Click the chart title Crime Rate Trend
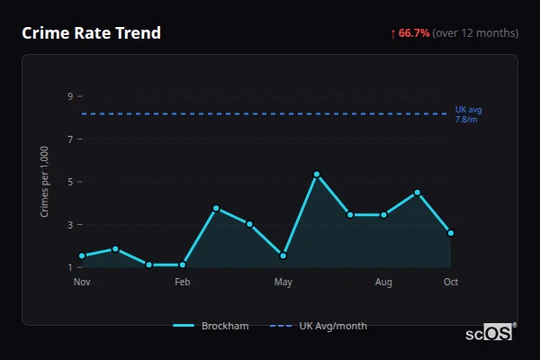(x=91, y=33)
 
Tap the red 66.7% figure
(x=414, y=33)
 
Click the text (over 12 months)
(x=475, y=33)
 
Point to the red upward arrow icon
(x=392, y=33)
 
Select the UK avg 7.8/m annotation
(x=468, y=114)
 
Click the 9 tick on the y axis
(x=69, y=96)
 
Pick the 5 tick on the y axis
(x=69, y=182)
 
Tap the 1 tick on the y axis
(x=69, y=267)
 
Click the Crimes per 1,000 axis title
(x=44, y=182)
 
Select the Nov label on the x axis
(x=82, y=283)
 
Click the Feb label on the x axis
(x=183, y=283)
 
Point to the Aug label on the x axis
(x=383, y=283)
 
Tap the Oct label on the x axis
(x=451, y=283)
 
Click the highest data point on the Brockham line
(x=317, y=174)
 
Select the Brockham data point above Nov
(x=82, y=256)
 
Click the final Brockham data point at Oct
(x=451, y=233)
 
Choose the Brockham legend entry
(x=211, y=326)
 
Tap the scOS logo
(x=490, y=333)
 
